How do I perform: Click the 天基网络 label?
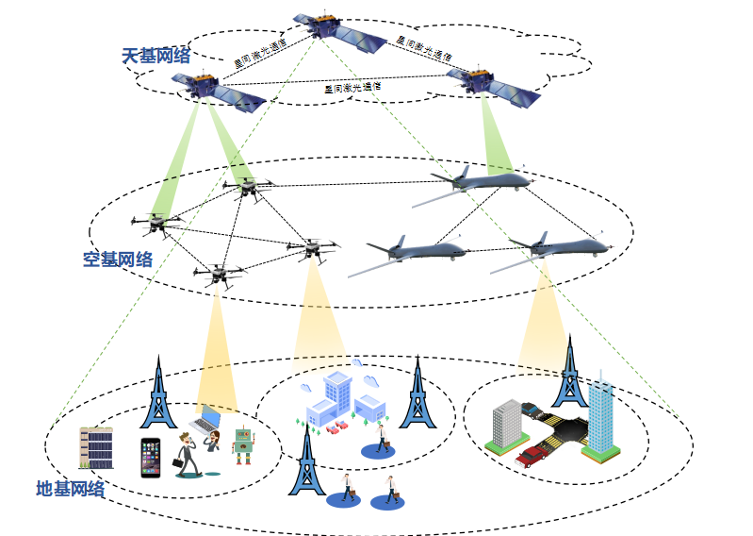tap(156, 56)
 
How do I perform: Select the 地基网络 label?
tap(70, 489)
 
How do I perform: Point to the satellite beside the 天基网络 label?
tap(218, 92)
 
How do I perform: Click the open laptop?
tap(206, 420)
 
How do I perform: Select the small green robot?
tap(244, 445)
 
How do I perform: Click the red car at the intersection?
tap(533, 455)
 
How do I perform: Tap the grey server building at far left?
tap(95, 448)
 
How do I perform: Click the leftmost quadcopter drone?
tap(156, 223)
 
